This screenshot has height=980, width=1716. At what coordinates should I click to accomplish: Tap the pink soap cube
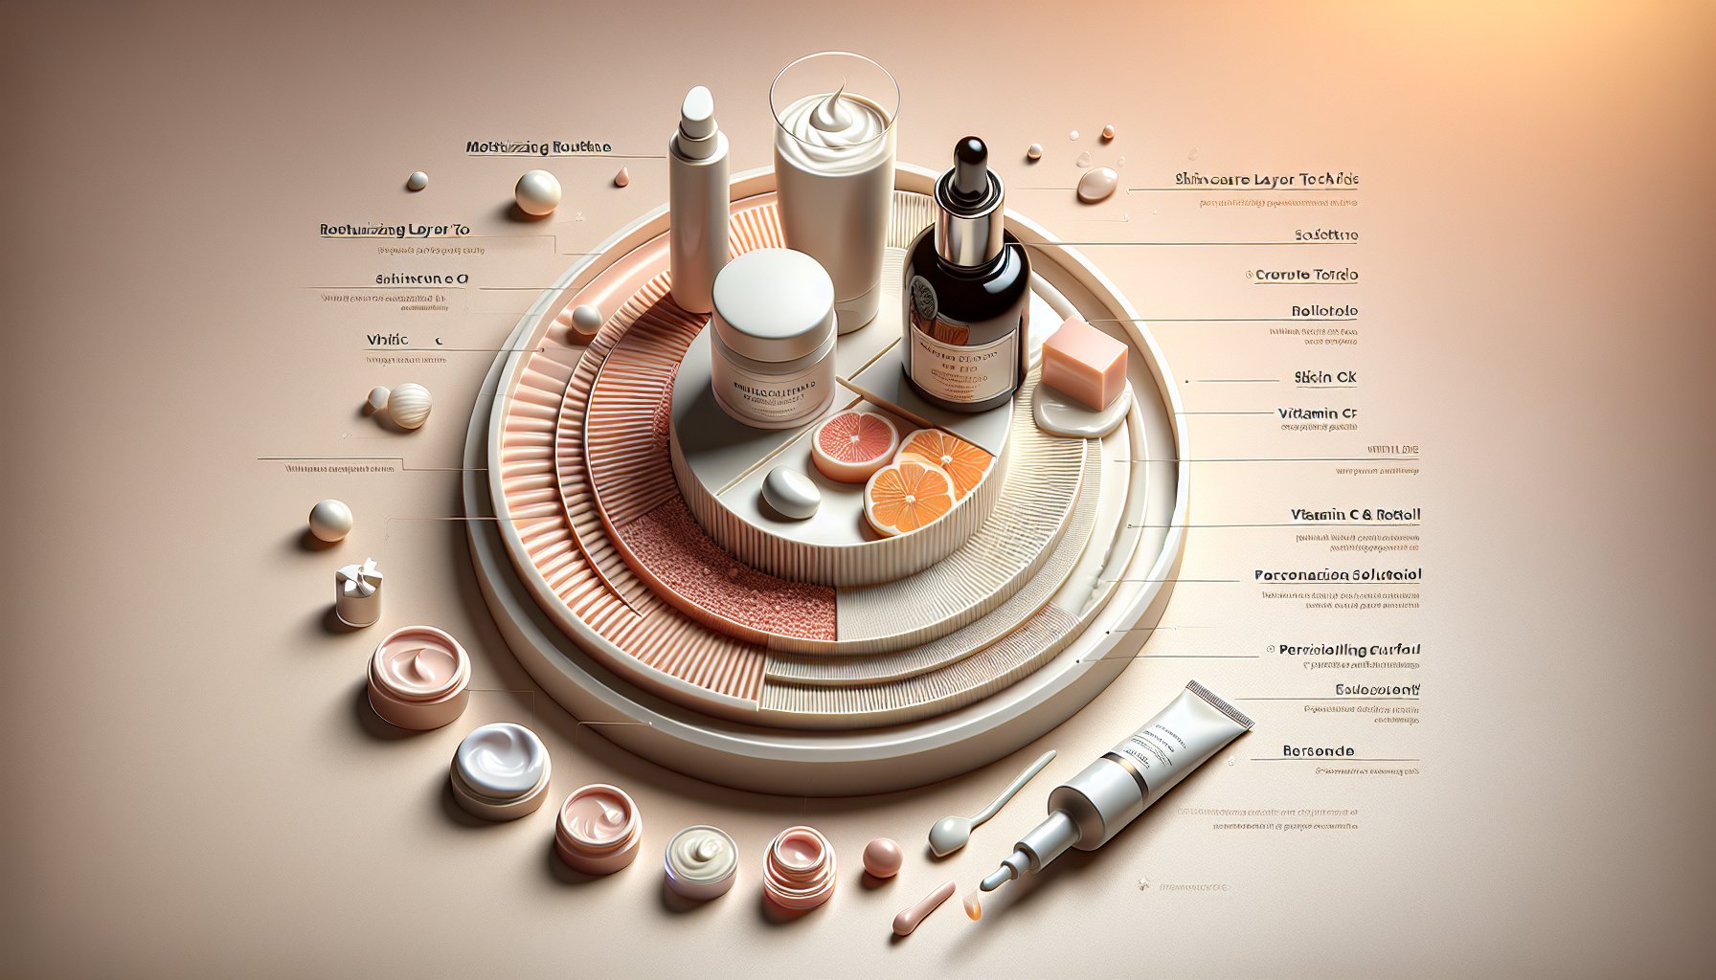click(1084, 364)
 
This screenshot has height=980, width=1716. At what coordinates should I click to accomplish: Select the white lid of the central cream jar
click(774, 288)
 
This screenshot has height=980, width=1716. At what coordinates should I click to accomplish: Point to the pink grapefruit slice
click(854, 445)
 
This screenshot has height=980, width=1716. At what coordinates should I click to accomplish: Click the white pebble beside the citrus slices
click(790, 492)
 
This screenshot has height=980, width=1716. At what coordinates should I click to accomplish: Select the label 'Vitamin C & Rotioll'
click(1355, 515)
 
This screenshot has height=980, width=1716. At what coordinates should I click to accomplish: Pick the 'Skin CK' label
click(1325, 377)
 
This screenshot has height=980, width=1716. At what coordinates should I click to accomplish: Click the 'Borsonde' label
click(1318, 751)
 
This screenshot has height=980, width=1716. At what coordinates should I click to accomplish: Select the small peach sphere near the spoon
click(881, 857)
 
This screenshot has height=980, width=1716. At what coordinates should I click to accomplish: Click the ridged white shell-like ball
click(410, 405)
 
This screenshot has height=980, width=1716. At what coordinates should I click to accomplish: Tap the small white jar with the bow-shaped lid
click(358, 593)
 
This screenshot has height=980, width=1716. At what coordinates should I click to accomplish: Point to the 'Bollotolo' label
click(1324, 311)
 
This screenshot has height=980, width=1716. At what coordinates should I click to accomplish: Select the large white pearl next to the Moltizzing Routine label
click(537, 192)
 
